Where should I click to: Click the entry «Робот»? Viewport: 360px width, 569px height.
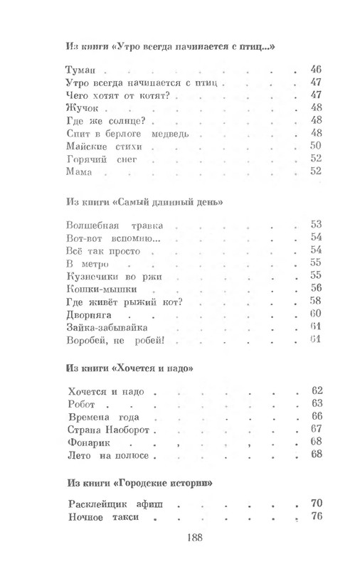[x=85, y=404]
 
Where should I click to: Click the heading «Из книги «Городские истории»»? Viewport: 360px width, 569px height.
[x=139, y=484]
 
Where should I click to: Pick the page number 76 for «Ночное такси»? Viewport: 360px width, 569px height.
[x=317, y=517]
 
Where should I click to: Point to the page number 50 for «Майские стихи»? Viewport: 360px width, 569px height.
[x=317, y=147]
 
